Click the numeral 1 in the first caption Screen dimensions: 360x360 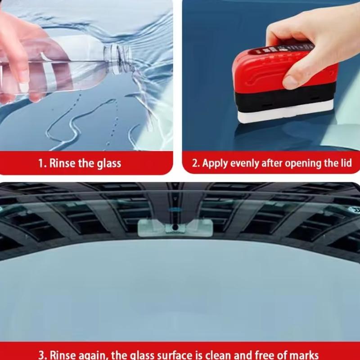click(x=41, y=163)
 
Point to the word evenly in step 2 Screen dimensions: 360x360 click(x=246, y=163)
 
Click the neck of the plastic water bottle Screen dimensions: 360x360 click(x=118, y=56)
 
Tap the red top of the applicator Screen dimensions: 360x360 click(x=279, y=67)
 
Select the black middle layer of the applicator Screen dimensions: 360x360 click(x=279, y=97)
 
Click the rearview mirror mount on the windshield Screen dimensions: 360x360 click(x=173, y=227)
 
